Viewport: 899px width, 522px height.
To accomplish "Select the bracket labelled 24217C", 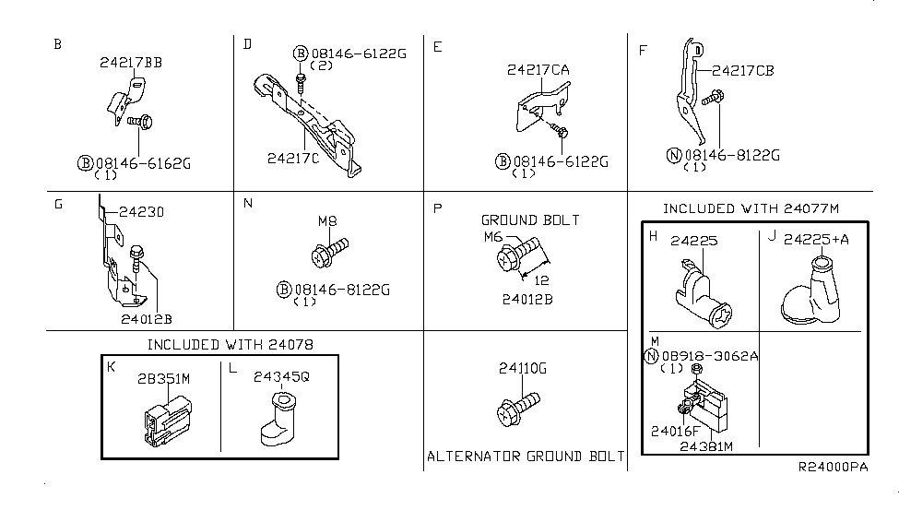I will tap(309, 120).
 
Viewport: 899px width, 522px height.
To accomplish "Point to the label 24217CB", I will tap(742, 68).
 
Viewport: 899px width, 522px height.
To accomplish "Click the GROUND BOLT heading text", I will tap(530, 219).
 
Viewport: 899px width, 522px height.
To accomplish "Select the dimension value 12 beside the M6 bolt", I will tap(542, 279).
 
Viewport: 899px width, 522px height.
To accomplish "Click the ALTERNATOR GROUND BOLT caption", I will tap(525, 456).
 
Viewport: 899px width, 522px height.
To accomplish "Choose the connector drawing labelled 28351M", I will tap(167, 420).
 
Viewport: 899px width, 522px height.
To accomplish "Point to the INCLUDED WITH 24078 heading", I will tap(230, 344).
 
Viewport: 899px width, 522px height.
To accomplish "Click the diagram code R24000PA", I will tap(833, 468).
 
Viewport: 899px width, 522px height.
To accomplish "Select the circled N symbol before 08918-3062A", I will tap(653, 357).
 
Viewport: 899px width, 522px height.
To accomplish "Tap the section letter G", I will tap(57, 204).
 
